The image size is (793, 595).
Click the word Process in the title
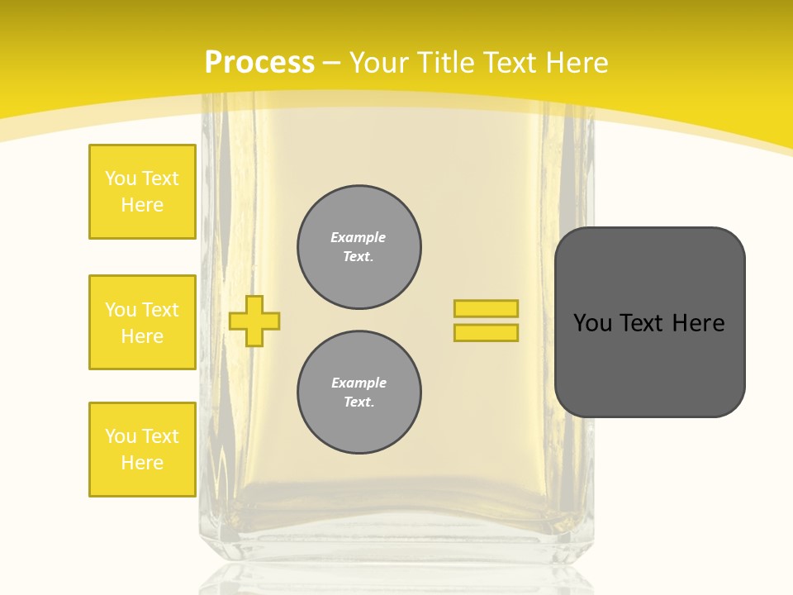(x=259, y=63)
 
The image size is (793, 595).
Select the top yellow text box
(x=142, y=192)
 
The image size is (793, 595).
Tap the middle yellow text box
(x=142, y=322)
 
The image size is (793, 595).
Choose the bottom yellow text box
(x=142, y=450)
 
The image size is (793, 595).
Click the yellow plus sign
(x=254, y=321)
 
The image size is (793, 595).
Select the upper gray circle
(x=359, y=247)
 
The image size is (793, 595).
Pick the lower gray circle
(x=359, y=393)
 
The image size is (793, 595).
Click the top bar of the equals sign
(x=486, y=308)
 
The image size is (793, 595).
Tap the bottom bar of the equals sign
(x=486, y=332)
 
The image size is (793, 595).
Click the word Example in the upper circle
(x=358, y=237)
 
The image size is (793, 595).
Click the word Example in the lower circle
(x=359, y=383)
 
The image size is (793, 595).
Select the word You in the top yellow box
(x=120, y=178)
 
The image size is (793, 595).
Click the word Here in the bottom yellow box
(x=142, y=463)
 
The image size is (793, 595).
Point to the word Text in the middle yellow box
(x=159, y=310)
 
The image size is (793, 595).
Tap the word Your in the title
(x=380, y=63)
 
